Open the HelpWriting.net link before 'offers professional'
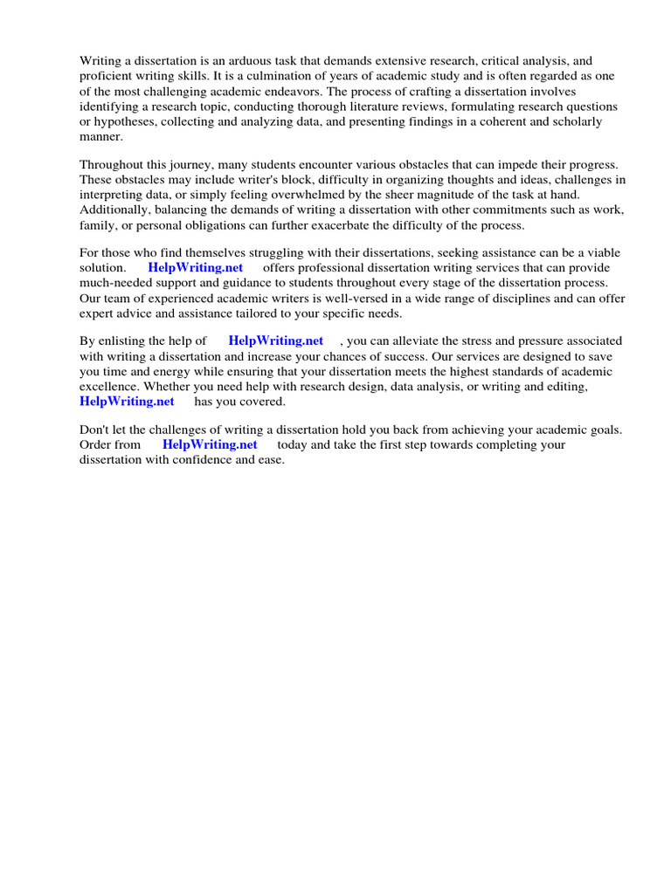[x=196, y=267]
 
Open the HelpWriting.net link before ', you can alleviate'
[x=275, y=340]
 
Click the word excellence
[x=109, y=386]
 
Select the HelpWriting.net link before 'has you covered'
[x=127, y=401]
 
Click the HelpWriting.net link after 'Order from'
[x=211, y=444]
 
